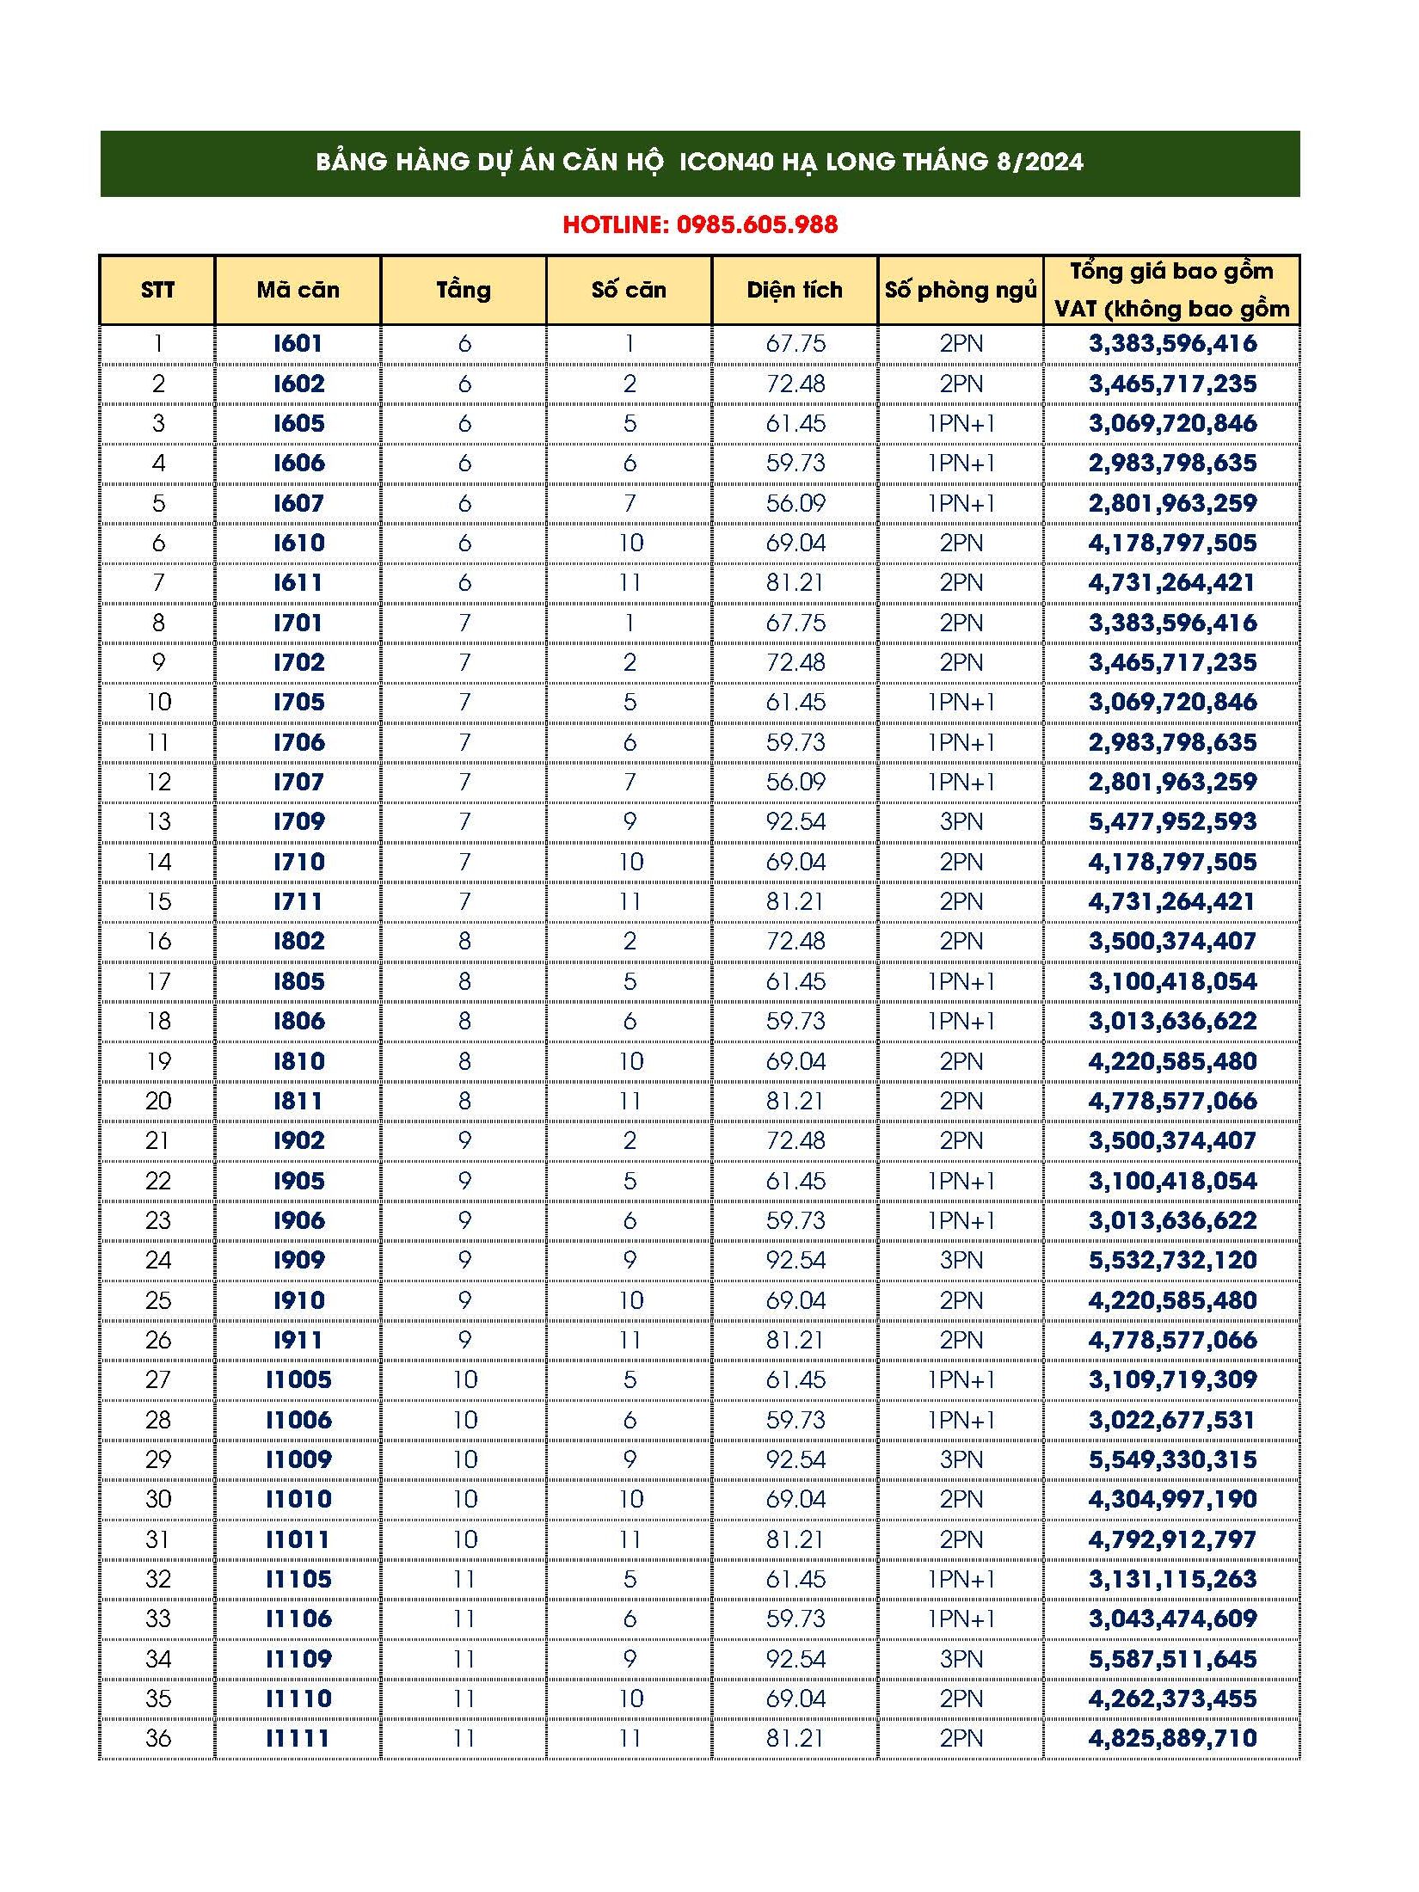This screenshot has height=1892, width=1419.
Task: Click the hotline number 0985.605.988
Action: tap(757, 225)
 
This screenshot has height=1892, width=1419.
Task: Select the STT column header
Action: tap(157, 291)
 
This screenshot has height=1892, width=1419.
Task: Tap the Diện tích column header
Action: tap(795, 291)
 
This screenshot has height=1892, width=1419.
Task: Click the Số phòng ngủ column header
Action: tap(961, 291)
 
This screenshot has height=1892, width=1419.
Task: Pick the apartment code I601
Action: tap(298, 344)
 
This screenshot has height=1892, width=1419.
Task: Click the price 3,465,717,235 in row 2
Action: tap(1172, 384)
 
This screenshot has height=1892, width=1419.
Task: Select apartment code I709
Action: tap(298, 822)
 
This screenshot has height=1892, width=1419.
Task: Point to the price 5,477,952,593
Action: tap(1172, 822)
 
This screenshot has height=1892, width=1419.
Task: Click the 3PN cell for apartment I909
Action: tap(961, 1261)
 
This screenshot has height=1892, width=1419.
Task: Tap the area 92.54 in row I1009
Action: tap(795, 1460)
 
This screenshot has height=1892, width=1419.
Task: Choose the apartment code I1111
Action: tap(298, 1739)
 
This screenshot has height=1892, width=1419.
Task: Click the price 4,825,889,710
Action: tap(1172, 1739)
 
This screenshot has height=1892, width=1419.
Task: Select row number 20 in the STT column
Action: tap(158, 1101)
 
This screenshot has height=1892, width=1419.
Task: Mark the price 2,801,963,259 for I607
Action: tap(1172, 503)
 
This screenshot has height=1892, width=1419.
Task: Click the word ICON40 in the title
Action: tap(727, 163)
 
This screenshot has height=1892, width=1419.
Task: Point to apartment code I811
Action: tap(298, 1101)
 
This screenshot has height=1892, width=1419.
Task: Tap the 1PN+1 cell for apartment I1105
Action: tap(961, 1580)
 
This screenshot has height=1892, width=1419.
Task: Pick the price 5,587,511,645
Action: tap(1172, 1659)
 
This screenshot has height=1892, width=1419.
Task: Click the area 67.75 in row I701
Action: tap(795, 623)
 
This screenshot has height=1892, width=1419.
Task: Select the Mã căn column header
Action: tap(298, 291)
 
